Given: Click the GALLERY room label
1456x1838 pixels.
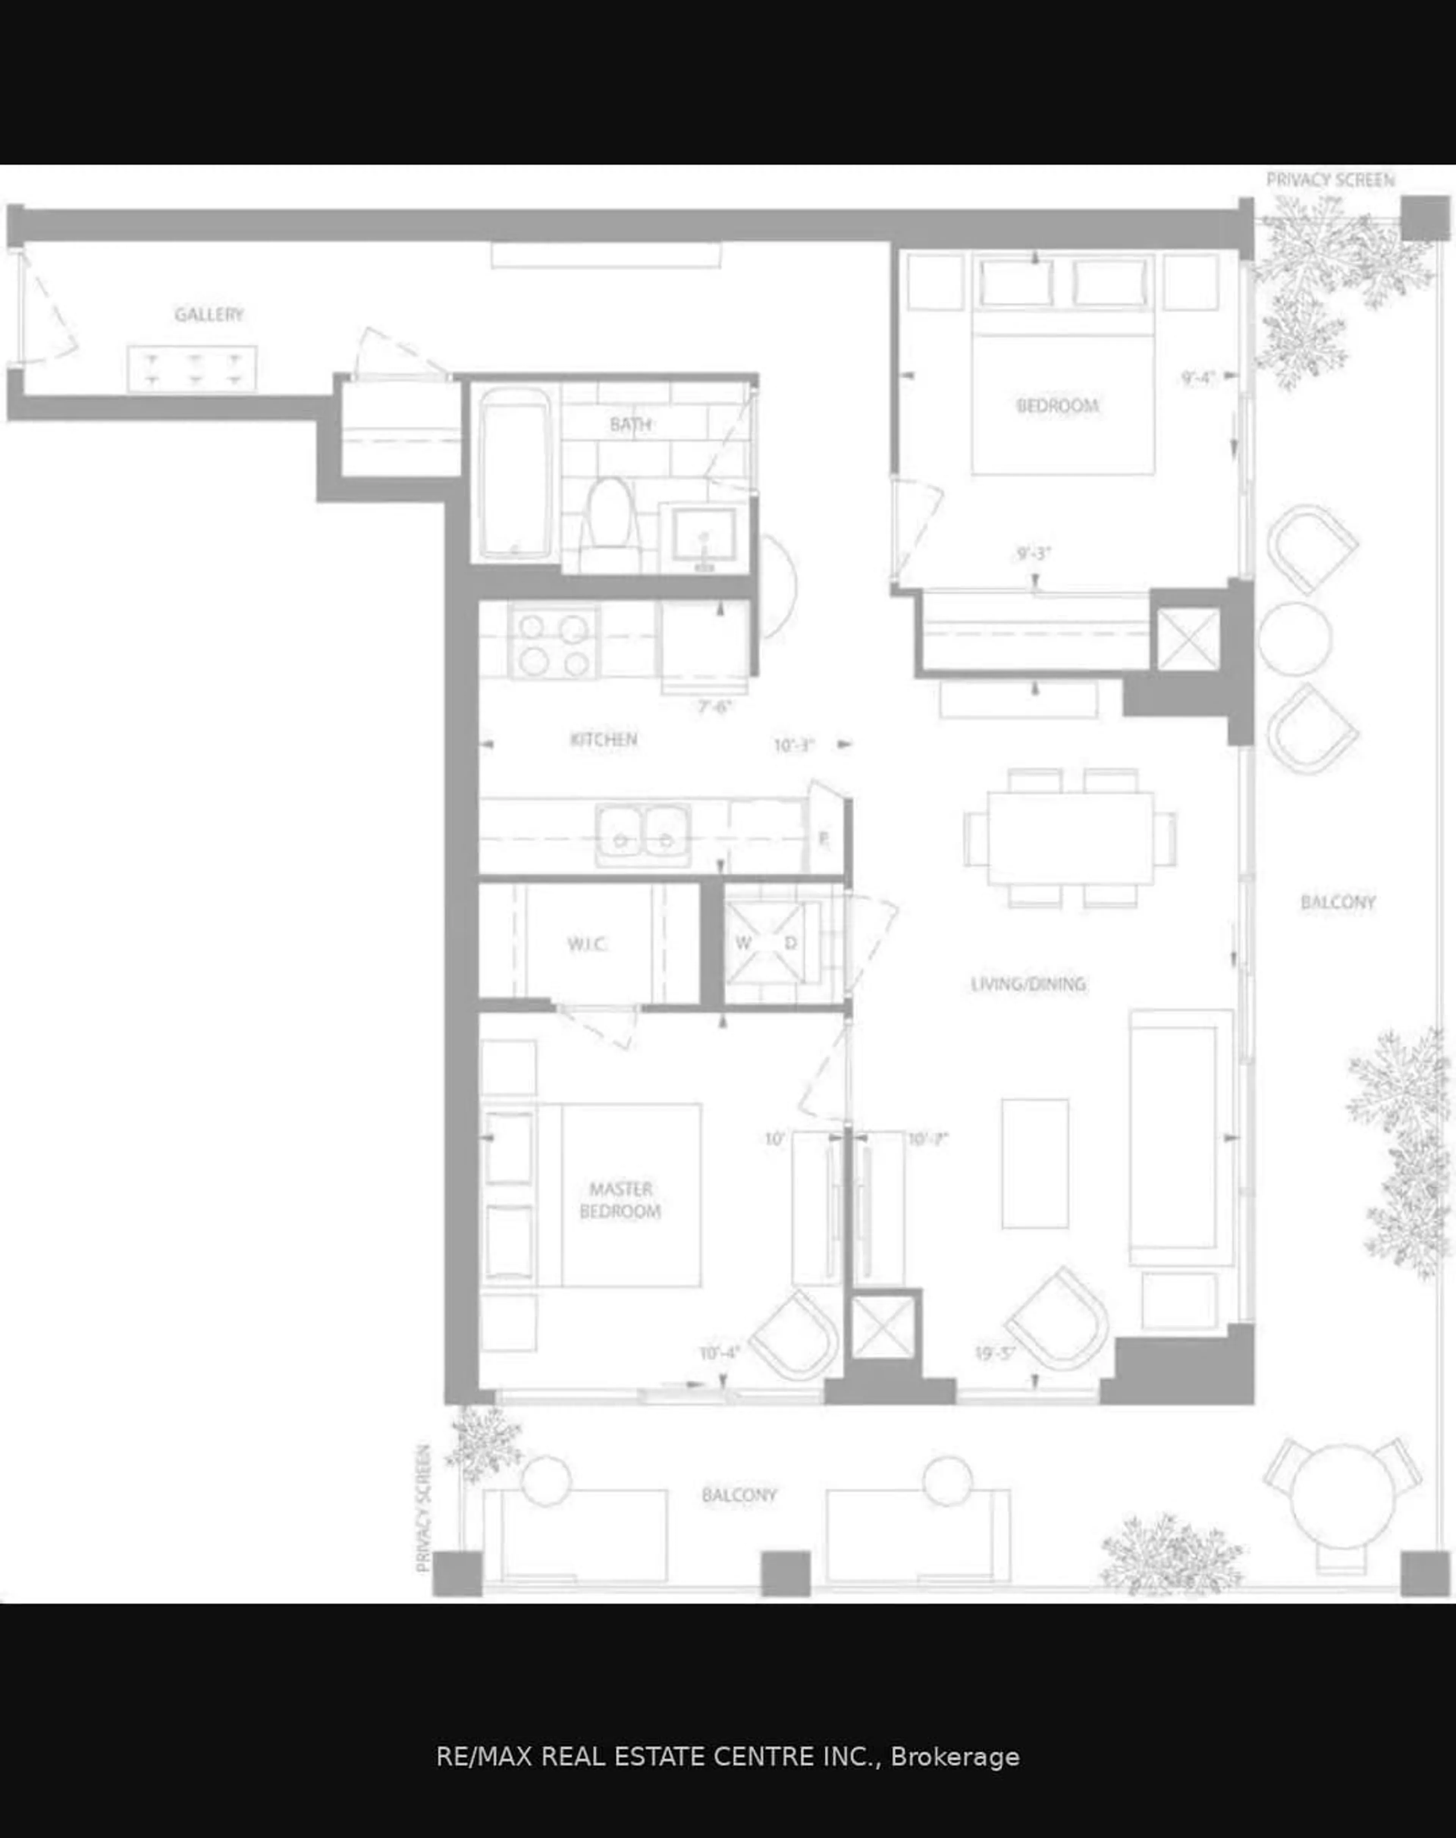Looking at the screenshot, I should point(209,314).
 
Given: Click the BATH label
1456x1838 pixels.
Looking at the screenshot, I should point(631,424).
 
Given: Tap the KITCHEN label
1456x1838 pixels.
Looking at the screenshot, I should point(604,739).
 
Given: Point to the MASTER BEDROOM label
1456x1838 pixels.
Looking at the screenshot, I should point(621,1199).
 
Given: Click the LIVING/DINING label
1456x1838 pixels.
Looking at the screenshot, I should point(1028,984).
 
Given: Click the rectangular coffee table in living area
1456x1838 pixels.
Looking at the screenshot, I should point(1035,1164).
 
